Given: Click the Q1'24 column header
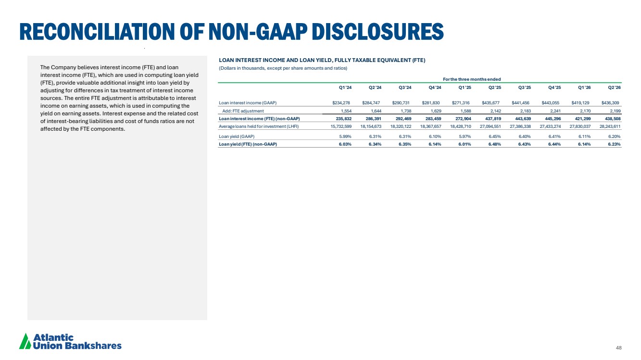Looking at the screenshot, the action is coord(345,87).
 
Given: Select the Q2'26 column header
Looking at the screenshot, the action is coord(615,87).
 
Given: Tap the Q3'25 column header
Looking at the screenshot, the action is coord(525,87).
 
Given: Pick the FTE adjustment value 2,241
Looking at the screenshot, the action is coord(555,111).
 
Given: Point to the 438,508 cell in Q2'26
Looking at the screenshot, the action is coord(613,119).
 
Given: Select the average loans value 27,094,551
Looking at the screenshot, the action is coord(490,126).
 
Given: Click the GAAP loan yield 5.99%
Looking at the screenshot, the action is coord(345,137).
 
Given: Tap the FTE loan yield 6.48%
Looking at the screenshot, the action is coord(494,144).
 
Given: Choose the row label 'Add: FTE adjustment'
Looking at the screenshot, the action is coord(243,111).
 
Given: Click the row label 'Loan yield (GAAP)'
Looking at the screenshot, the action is coord(237,137).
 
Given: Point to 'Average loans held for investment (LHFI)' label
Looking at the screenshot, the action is coord(259,126).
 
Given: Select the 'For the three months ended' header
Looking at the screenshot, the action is coord(472,79).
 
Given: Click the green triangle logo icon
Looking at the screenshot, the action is coord(25,341).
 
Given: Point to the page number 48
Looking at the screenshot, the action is coord(619,348).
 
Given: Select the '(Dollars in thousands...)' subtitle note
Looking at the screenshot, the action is coord(283,68).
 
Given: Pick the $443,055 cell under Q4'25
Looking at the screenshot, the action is coord(551,103).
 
